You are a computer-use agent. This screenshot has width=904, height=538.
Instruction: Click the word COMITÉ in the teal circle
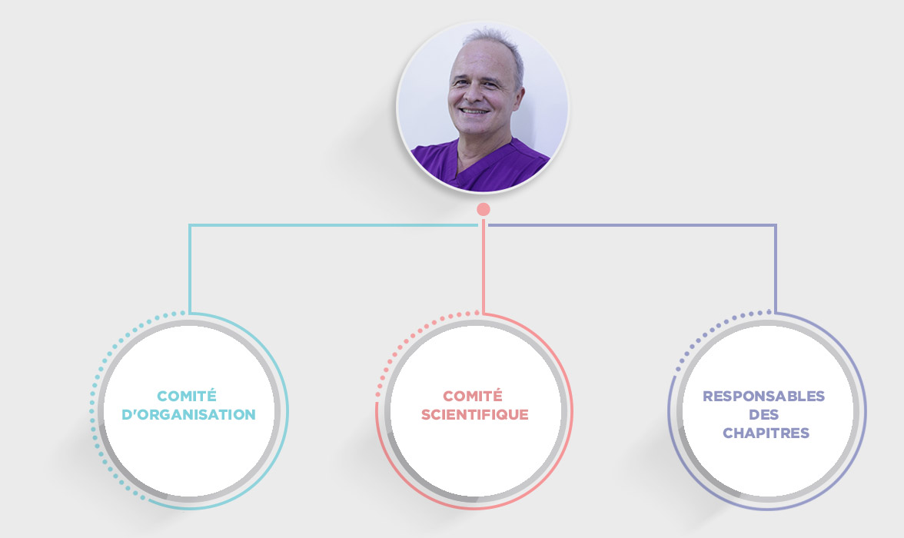[x=187, y=396]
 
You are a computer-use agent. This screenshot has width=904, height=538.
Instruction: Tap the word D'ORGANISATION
[x=188, y=414]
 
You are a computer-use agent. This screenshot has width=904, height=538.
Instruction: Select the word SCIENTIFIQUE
[x=474, y=414]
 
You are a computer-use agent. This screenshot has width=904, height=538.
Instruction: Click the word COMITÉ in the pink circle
[x=473, y=396]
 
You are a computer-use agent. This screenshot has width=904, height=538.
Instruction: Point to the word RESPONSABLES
[x=764, y=396]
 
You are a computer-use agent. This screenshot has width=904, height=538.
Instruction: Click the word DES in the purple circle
[x=764, y=414]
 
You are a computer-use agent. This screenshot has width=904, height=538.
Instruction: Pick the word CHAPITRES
[x=766, y=433]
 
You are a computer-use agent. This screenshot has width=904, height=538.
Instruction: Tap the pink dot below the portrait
[x=484, y=209]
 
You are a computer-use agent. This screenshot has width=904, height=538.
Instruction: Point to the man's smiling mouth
[x=474, y=111]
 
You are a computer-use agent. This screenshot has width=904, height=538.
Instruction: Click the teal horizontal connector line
[x=334, y=225]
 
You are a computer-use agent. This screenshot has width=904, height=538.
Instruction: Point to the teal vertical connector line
[x=190, y=269]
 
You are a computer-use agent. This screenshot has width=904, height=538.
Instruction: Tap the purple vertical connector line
[x=776, y=269]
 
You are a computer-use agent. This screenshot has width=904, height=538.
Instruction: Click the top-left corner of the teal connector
[x=190, y=225]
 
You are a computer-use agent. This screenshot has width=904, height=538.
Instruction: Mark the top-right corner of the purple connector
[x=776, y=225]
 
